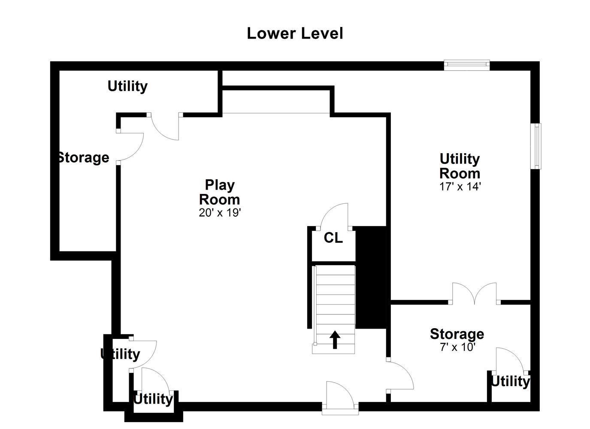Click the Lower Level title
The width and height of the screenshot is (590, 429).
click(295, 34)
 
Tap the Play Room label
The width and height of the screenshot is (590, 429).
click(219, 192)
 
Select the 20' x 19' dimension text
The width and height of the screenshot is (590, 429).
click(220, 212)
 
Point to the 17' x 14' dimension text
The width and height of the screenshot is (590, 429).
click(460, 187)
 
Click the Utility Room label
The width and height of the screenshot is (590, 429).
click(460, 166)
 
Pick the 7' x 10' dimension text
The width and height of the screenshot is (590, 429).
click(457, 347)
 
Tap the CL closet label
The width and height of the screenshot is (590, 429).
click(333, 238)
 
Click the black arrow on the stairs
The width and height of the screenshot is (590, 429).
click(335, 340)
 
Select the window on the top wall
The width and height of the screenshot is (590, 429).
click(467, 65)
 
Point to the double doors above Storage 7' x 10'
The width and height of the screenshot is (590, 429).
click(474, 294)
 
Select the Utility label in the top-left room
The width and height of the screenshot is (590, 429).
click(127, 86)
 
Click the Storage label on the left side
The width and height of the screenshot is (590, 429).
click(83, 157)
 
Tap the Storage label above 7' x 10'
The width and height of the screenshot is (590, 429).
click(457, 334)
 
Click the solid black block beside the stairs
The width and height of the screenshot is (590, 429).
click(371, 277)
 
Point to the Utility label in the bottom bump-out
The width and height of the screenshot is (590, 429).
click(153, 399)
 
